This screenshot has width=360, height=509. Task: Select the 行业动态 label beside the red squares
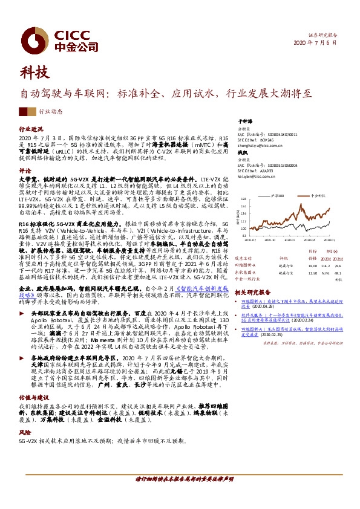click(x=51, y=112)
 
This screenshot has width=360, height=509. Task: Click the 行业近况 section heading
click(x=31, y=129)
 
